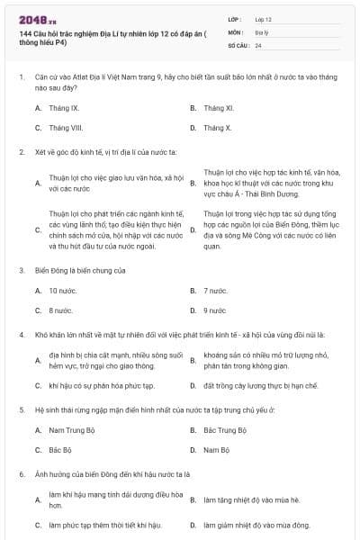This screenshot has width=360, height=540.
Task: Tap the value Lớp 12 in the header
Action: point(264,18)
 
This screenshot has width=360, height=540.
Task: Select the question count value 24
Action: point(259,45)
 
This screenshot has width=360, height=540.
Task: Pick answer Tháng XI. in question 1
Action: point(219,108)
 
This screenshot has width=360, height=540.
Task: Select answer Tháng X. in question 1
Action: point(218,128)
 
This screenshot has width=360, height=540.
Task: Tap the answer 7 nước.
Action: point(216,291)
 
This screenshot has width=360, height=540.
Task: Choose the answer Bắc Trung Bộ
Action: point(225,430)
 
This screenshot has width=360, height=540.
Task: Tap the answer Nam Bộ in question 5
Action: point(216,450)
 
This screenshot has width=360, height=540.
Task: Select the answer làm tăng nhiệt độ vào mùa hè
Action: point(251,499)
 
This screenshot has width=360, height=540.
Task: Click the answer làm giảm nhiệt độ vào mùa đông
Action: point(256,525)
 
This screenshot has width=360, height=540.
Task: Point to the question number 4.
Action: point(21,333)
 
